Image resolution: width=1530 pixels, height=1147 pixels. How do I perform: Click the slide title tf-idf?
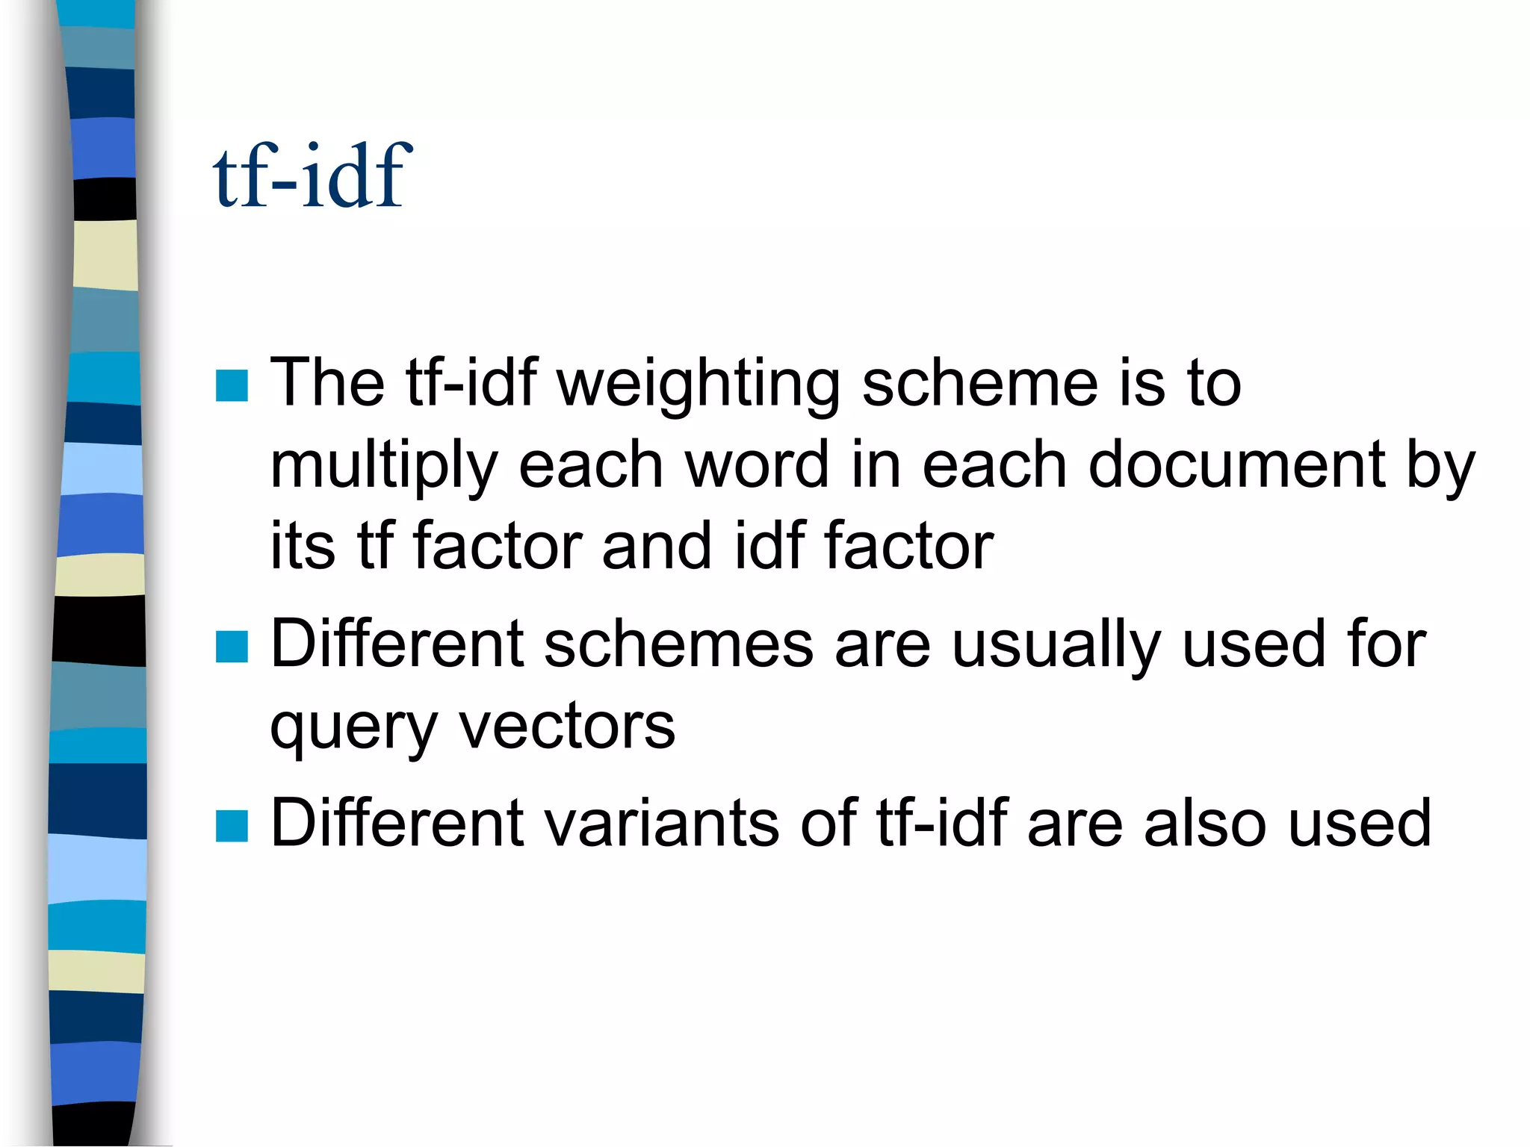click(x=312, y=176)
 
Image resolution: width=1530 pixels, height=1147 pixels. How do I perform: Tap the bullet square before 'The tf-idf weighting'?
click(x=232, y=385)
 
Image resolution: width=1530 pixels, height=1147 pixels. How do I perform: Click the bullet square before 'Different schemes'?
click(x=232, y=647)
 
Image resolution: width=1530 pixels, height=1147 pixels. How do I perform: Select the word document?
click(x=1236, y=464)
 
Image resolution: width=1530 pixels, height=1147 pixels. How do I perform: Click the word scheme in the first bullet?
click(x=979, y=384)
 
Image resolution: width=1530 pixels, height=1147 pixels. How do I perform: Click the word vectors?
click(x=567, y=726)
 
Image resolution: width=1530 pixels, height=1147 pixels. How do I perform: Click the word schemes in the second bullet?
click(x=678, y=644)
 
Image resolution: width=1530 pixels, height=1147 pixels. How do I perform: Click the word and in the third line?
click(x=657, y=545)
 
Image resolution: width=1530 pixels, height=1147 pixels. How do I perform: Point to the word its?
click(x=303, y=545)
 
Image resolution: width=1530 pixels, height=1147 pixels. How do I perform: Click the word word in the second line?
click(x=757, y=464)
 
